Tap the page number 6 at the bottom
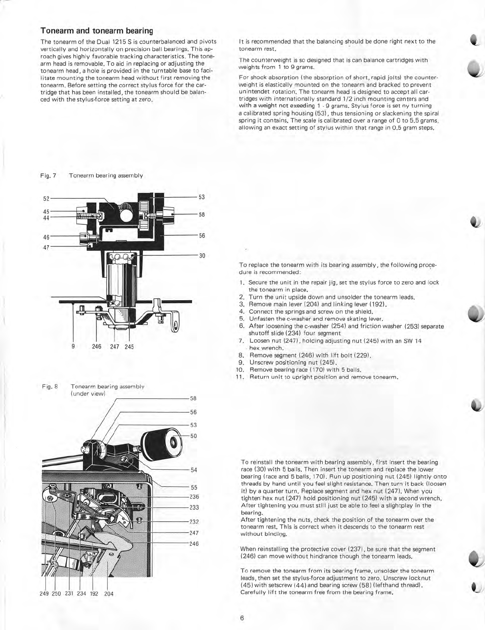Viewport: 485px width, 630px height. point(242,618)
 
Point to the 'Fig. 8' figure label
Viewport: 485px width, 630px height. point(50,387)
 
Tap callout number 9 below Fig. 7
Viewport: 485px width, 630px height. point(73,346)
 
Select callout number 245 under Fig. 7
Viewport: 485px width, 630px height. point(129,346)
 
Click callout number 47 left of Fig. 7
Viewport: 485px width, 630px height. point(46,247)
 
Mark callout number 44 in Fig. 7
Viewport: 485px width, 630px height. point(46,217)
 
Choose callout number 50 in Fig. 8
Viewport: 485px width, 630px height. point(193,436)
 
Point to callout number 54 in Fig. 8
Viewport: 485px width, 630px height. point(194,470)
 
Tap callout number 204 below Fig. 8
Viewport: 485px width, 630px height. point(109,594)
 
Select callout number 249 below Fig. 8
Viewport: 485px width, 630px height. point(44,594)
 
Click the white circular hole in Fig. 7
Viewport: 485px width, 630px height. point(125,216)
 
